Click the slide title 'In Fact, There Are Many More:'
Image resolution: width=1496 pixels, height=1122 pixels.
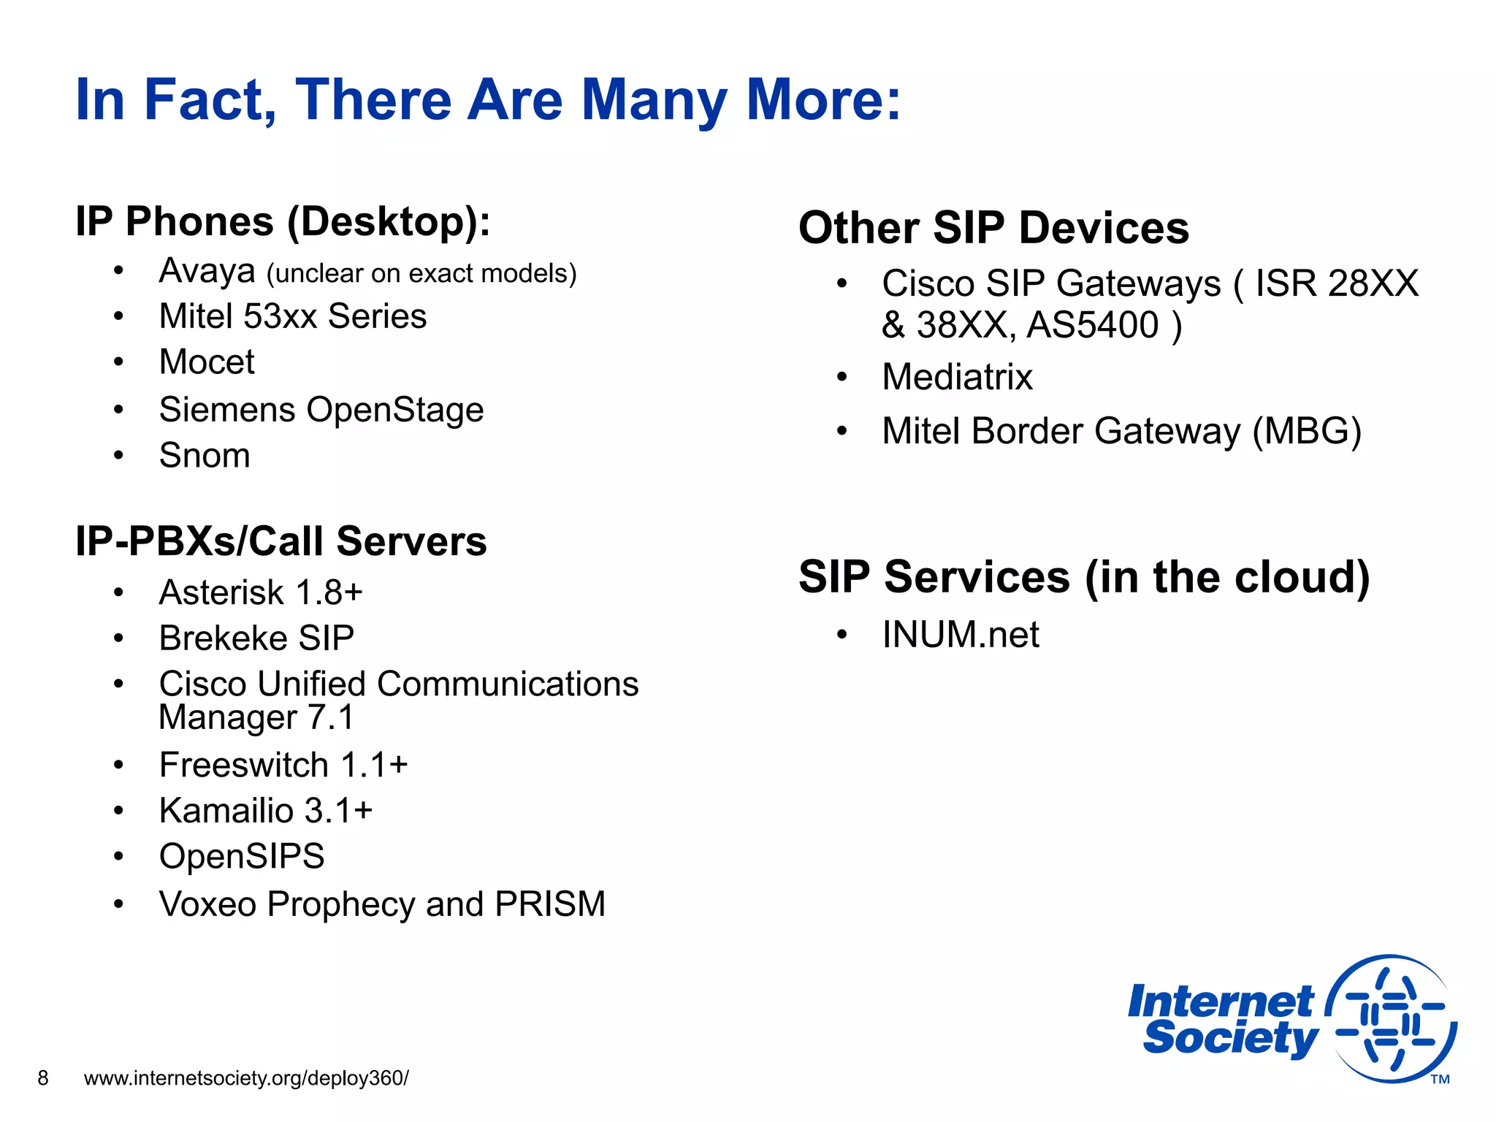pos(488,100)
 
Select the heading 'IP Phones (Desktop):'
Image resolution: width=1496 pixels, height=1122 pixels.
pos(283,221)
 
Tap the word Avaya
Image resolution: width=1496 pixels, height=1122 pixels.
pos(207,271)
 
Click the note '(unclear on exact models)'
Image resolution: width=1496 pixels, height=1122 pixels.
pos(421,273)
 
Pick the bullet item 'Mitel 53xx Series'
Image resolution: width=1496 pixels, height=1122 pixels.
pos(292,316)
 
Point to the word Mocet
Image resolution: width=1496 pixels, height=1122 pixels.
pos(207,362)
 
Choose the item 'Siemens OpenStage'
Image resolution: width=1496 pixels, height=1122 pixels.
pos(321,409)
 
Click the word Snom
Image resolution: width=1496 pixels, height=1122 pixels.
pos(205,455)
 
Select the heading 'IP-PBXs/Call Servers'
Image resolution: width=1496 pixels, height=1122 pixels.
pos(280,541)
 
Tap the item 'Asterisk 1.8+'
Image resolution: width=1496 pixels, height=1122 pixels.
pos(261,592)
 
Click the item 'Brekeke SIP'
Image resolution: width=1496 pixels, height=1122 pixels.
pos(256,638)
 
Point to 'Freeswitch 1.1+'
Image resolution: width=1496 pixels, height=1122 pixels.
pos(283,765)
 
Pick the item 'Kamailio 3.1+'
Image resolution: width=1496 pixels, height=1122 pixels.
pos(266,811)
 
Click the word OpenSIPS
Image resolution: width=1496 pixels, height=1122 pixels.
pos(242,856)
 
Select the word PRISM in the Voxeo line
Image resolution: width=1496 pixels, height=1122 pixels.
pos(549,904)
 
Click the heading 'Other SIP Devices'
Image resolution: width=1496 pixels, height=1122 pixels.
pos(993,228)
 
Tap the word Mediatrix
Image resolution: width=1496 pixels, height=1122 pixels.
pos(957,378)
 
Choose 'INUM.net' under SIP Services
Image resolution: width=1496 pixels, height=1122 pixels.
pos(960,634)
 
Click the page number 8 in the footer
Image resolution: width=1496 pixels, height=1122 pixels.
pos(43,1078)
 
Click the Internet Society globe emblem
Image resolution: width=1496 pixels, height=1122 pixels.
pos(1391,1018)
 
